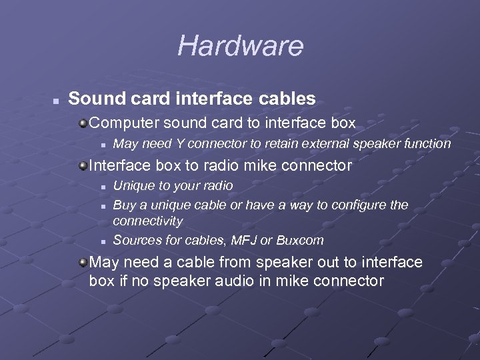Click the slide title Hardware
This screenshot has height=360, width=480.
(x=240, y=46)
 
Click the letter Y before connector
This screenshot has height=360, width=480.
(x=179, y=143)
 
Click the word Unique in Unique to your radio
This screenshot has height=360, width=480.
(x=131, y=185)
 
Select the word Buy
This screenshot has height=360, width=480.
(x=123, y=205)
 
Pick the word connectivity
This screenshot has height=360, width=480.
(x=147, y=221)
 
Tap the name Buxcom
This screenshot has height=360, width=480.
(x=301, y=240)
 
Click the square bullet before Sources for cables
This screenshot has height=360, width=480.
(x=103, y=241)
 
